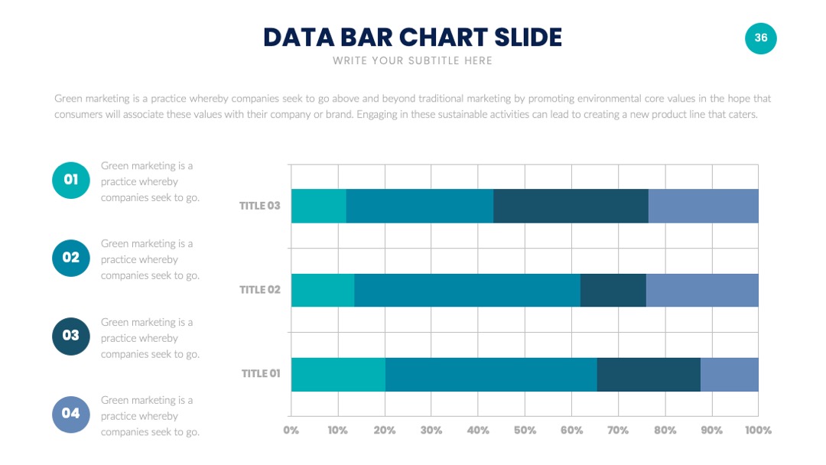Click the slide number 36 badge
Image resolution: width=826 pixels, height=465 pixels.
tap(760, 38)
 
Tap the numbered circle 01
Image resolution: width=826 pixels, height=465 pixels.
tap(70, 180)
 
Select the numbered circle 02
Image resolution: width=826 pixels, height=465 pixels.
tap(70, 258)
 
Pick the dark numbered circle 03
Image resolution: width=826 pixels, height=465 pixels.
tap(70, 336)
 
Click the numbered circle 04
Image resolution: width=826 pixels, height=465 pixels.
tap(70, 414)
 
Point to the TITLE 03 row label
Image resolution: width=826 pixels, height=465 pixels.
tap(260, 206)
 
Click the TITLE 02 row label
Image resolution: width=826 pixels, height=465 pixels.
tap(260, 290)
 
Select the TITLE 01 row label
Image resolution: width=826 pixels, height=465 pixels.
tap(261, 374)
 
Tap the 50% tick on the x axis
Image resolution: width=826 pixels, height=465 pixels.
tap(525, 431)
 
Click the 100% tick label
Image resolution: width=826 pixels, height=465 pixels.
tap(758, 431)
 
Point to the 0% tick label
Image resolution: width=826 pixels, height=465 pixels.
tap(291, 431)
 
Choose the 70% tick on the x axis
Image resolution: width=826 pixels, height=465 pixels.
tap(618, 431)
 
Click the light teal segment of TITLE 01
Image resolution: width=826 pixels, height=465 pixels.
tap(338, 375)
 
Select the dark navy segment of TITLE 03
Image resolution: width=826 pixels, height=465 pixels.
tap(571, 206)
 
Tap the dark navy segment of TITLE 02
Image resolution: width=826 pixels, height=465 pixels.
tap(613, 290)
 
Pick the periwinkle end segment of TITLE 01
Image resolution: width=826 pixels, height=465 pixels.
tap(730, 375)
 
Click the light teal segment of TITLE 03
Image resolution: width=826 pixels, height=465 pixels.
tap(319, 206)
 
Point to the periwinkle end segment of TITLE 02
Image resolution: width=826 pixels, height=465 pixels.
tap(702, 290)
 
